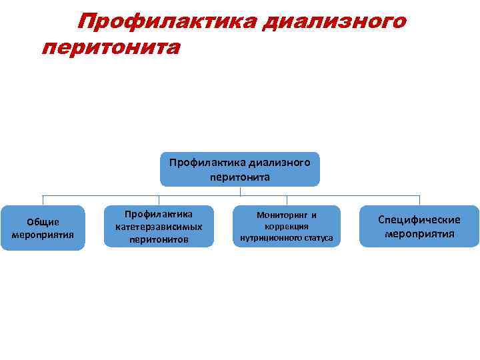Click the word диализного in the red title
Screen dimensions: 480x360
tap(333, 22)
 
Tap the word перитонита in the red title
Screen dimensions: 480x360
tap(110, 48)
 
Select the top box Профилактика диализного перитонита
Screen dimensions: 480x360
tap(240, 169)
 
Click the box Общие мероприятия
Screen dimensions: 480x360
tap(43, 228)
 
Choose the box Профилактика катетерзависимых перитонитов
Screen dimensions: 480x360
tap(159, 227)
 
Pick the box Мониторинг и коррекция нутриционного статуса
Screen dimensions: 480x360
tap(287, 227)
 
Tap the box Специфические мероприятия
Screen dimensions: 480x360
tap(419, 227)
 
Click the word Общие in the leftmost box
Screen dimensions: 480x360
tap(43, 222)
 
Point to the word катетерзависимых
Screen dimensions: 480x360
tap(159, 227)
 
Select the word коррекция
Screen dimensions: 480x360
tap(287, 227)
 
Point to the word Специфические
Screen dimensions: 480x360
tap(419, 220)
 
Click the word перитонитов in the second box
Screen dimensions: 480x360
tap(159, 239)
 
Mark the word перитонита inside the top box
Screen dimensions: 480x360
tap(240, 177)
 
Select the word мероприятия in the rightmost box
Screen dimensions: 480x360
tap(419, 234)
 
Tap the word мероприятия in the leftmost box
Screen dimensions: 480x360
tap(43, 235)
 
